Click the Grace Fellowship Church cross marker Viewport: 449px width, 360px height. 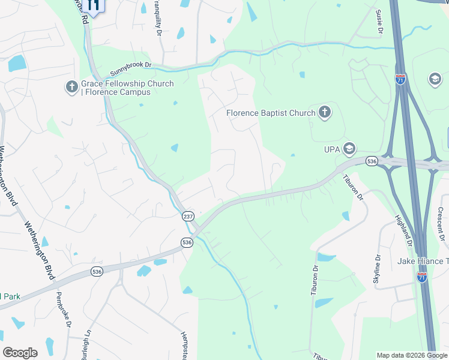[71, 88]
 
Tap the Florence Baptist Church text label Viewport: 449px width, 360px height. [271, 113]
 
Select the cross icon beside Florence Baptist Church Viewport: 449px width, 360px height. [325, 112]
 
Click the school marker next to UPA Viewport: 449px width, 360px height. [349, 148]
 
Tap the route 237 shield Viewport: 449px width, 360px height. [188, 216]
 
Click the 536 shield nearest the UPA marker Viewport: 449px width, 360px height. [372, 161]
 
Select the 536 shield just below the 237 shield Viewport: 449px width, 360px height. [187, 242]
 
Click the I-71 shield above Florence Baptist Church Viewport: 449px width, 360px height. [400, 79]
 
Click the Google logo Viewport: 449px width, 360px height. [20, 353]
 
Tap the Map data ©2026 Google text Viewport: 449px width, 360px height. [412, 355]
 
